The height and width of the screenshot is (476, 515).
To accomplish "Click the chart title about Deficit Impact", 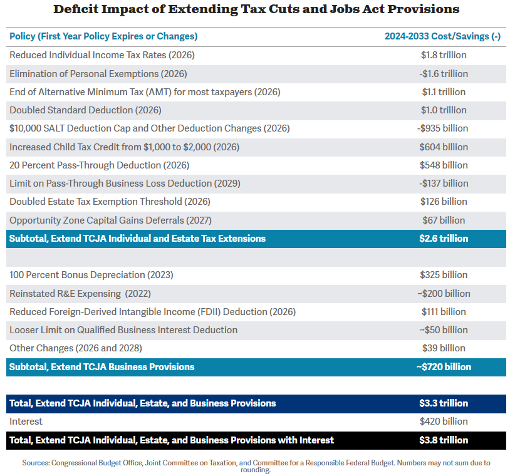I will [x=256, y=9].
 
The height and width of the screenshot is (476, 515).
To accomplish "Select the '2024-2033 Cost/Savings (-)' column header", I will [x=442, y=36].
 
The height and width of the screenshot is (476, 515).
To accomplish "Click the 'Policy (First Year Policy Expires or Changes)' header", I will [x=103, y=36].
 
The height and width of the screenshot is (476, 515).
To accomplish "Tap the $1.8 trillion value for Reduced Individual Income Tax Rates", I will [x=444, y=55].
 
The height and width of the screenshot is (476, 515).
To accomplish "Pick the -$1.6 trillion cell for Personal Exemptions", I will [x=444, y=74].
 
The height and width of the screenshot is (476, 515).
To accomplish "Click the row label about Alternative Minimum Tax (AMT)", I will [x=145, y=92].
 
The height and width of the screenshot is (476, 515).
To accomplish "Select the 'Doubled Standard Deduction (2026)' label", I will [x=85, y=110].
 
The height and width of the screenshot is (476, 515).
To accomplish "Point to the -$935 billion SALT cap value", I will [x=442, y=128].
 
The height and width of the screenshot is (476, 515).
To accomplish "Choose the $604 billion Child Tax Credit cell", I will [x=444, y=147].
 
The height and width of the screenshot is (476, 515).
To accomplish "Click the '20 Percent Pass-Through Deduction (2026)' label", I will [x=99, y=165].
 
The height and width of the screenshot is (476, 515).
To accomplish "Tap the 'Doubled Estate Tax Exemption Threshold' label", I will [x=110, y=202].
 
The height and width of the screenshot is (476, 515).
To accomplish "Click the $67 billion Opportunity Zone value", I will [x=444, y=220].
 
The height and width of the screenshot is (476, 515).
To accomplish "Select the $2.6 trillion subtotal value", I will [x=444, y=239].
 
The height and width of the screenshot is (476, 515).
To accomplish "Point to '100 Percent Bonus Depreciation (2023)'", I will [x=91, y=275].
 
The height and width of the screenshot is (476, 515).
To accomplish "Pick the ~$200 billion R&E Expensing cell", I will [x=444, y=294].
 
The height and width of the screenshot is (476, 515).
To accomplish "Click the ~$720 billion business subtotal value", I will [x=444, y=367].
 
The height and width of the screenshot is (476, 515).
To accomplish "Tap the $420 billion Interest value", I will [x=444, y=422].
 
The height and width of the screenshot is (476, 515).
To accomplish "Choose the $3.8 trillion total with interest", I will [x=444, y=440].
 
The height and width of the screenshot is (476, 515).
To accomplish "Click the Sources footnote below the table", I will [x=256, y=467].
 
